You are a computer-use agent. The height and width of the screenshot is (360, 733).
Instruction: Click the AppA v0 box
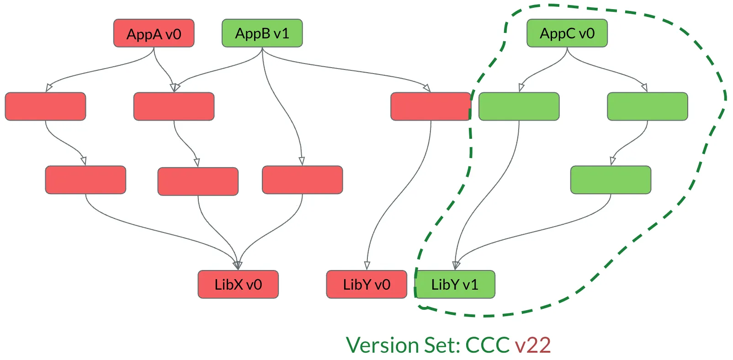tap(154, 33)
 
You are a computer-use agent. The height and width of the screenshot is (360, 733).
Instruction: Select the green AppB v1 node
tap(262, 33)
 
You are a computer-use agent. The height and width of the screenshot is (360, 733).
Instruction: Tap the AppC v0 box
tap(567, 33)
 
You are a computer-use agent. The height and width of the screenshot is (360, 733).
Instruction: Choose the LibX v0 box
tap(238, 285)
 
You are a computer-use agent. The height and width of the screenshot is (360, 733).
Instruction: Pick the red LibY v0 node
tap(366, 285)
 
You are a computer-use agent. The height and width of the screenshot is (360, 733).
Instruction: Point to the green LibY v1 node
tap(455, 285)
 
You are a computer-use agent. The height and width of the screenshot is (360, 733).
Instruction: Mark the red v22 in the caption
tap(532, 345)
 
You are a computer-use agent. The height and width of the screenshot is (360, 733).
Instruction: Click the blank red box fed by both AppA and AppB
tap(174, 106)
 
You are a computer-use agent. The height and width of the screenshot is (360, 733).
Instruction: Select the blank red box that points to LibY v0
tap(430, 106)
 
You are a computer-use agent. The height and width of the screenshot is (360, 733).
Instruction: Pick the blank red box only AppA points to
tap(45, 106)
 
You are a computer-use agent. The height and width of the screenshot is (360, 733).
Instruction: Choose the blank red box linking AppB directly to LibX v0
tap(302, 180)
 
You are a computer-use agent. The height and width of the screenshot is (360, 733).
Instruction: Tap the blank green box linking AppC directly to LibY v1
tap(519, 106)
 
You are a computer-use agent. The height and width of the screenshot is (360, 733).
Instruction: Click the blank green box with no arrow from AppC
tap(611, 180)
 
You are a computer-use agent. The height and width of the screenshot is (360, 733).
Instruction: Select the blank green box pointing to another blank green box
tap(647, 106)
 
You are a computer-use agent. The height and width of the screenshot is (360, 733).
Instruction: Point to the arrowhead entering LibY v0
tap(367, 266)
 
